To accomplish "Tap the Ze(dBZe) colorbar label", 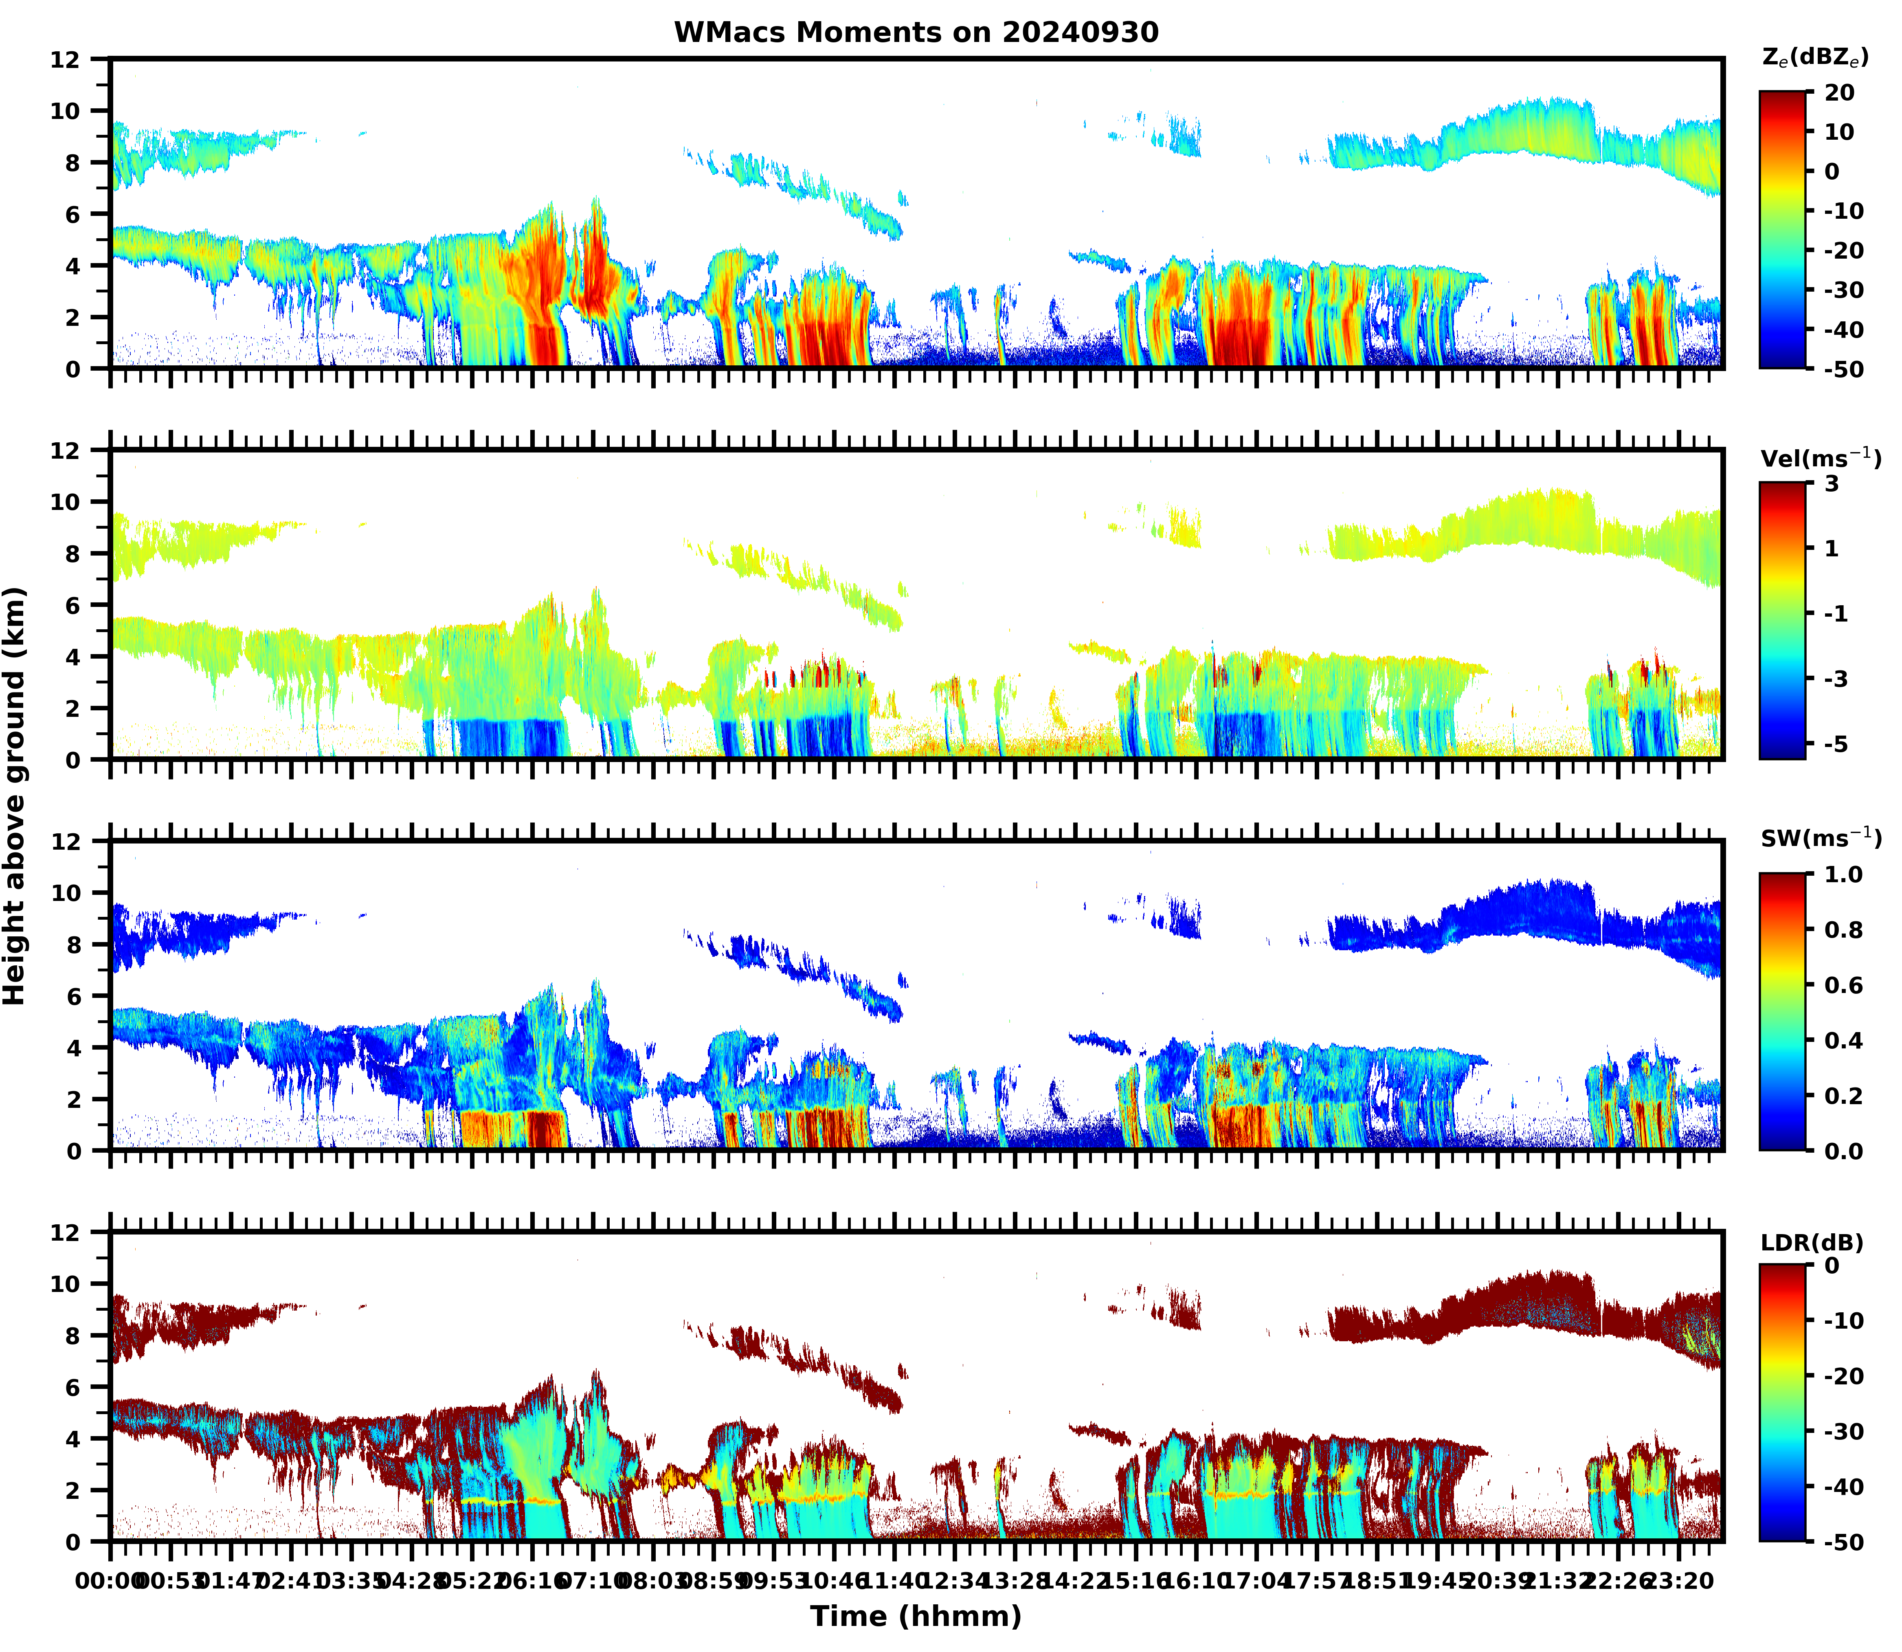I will [x=1814, y=57].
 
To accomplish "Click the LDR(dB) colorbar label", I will [x=1812, y=1242].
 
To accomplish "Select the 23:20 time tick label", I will [x=1678, y=1581].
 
